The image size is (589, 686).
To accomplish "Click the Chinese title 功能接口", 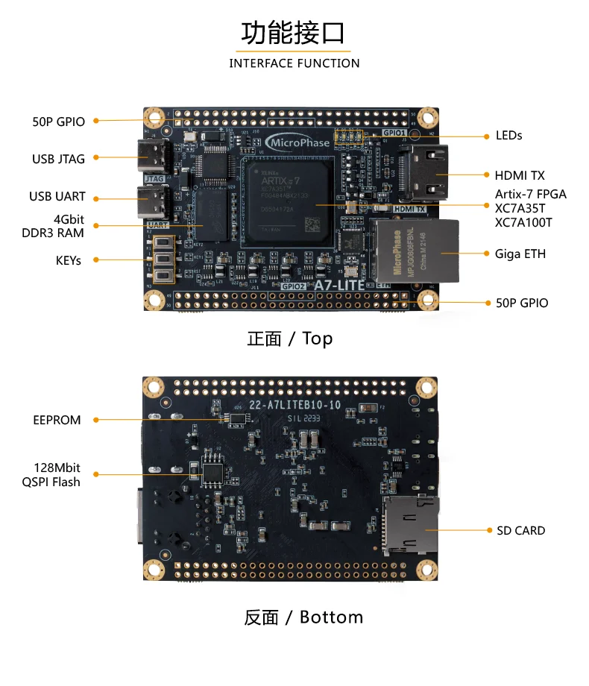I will [294, 34].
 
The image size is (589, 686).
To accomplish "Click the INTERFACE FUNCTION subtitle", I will [294, 63].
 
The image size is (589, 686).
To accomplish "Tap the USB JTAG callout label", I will [58, 159].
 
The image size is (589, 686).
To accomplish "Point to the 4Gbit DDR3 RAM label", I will [58, 226].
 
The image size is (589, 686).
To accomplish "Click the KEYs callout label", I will [69, 260].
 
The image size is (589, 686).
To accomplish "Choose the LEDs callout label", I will [508, 136].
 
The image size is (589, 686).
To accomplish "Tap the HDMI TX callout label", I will [519, 176].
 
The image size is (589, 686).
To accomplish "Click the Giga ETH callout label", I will [520, 254].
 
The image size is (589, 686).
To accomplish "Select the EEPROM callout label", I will [57, 420].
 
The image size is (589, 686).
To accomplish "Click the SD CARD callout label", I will [520, 531].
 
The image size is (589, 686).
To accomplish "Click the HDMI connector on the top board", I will [423, 173].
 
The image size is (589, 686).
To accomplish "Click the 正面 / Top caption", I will [289, 339].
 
